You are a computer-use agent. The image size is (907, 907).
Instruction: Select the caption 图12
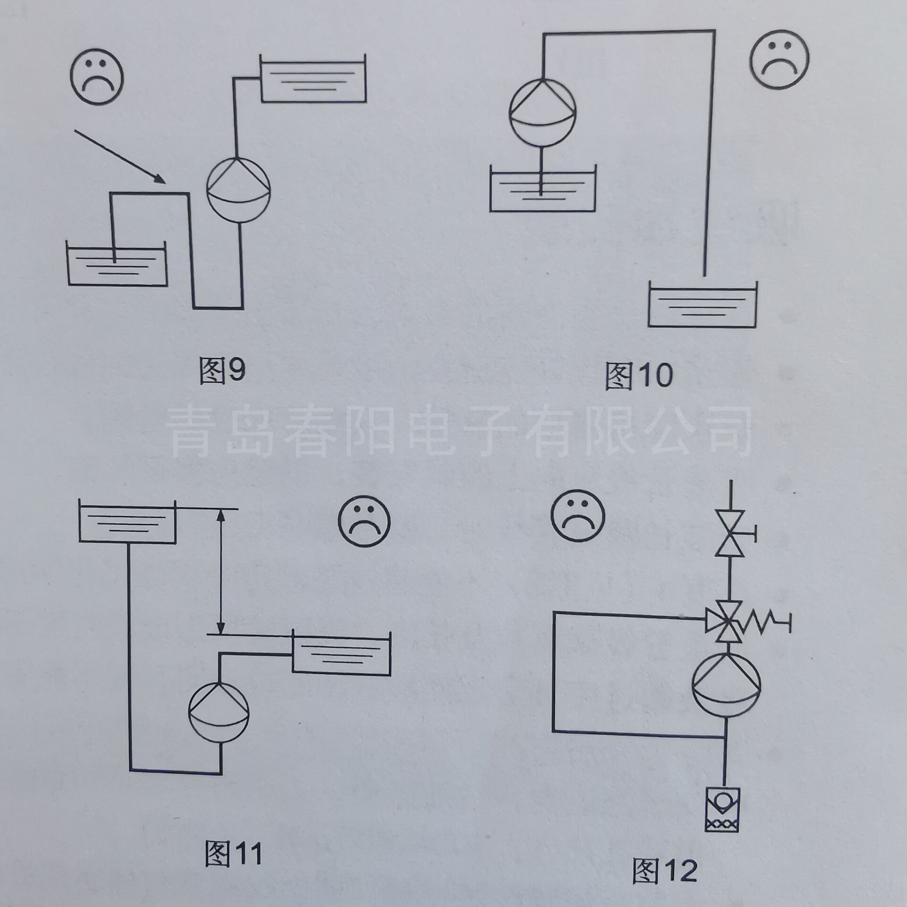pos(665,871)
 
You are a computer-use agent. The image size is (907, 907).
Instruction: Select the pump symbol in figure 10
pos(543,110)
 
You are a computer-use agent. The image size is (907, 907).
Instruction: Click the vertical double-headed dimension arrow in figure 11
pos(220,571)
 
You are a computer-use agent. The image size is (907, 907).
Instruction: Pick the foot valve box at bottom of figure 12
pos(722,808)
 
